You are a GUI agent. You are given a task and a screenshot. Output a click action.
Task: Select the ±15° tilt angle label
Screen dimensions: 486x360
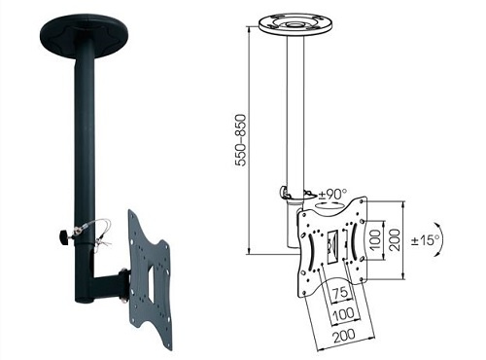click(x=426, y=240)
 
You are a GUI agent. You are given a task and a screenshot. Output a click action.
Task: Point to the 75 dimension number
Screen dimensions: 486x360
click(x=340, y=293)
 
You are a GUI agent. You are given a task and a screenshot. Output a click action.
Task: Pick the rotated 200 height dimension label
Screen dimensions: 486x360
click(x=395, y=239)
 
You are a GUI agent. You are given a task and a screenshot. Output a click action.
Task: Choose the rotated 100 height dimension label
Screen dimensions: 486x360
click(x=375, y=239)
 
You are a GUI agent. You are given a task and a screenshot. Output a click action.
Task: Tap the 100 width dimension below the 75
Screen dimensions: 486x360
click(x=343, y=313)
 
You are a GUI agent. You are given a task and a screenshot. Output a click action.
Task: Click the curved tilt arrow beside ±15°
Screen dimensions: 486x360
click(x=440, y=239)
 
